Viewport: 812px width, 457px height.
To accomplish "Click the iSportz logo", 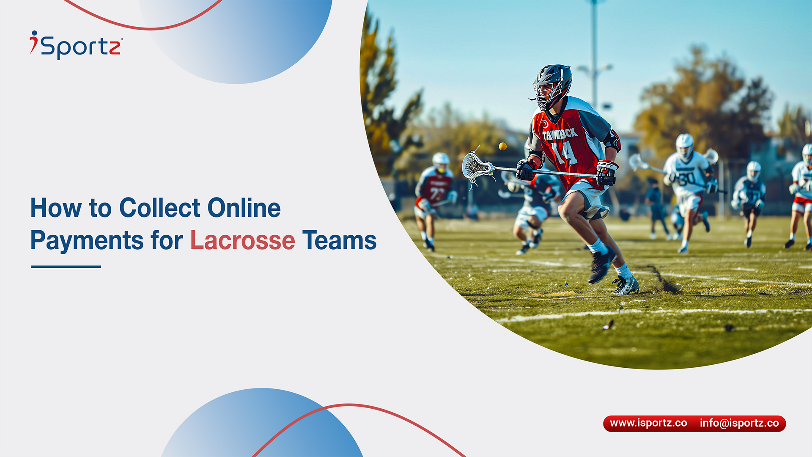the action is click(x=76, y=45).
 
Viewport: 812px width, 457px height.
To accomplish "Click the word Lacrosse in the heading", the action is click(x=242, y=240).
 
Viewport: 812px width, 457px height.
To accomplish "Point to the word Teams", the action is click(x=339, y=240).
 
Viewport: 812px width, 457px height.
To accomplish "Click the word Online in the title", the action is click(x=244, y=208).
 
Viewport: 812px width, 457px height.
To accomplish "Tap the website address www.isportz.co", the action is click(x=648, y=423).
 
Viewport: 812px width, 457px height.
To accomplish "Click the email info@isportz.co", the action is click(x=739, y=423).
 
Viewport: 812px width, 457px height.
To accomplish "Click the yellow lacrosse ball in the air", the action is click(x=502, y=146).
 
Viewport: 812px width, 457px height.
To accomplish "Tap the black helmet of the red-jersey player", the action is click(x=552, y=85).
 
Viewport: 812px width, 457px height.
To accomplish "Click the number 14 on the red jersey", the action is click(x=565, y=153).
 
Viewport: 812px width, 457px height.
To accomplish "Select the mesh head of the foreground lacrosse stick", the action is click(x=477, y=166).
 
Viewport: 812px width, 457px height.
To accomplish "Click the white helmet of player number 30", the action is click(x=684, y=146).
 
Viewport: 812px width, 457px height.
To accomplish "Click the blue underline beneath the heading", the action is click(x=66, y=267).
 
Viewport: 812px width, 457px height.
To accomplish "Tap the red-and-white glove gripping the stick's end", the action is click(x=607, y=173).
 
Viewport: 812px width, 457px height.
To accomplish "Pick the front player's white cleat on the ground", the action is click(x=625, y=285).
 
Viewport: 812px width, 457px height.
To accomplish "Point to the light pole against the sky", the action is click(x=595, y=55).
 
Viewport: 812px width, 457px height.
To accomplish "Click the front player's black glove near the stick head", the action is click(x=525, y=170).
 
